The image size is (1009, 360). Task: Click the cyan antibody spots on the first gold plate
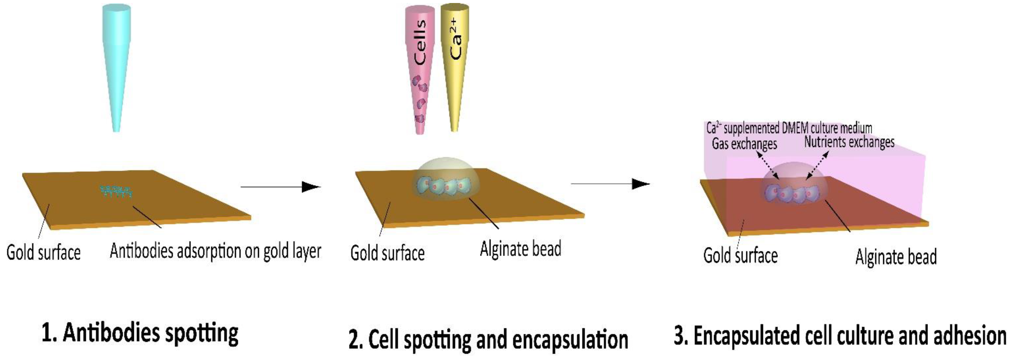[116, 191]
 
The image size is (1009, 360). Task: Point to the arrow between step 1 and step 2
[280, 187]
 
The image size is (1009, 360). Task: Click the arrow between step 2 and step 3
[610, 183]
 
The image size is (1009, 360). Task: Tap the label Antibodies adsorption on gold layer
[215, 251]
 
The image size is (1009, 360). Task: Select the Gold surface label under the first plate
[43, 253]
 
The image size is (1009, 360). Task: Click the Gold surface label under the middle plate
[387, 253]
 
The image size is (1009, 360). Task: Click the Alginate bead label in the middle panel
[520, 249]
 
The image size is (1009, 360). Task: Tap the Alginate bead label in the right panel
[896, 257]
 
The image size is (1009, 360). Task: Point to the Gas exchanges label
[744, 144]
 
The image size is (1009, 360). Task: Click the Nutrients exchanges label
[849, 142]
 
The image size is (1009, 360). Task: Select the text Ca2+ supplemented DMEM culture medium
[789, 128]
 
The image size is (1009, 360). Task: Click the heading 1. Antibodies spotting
[140, 333]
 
